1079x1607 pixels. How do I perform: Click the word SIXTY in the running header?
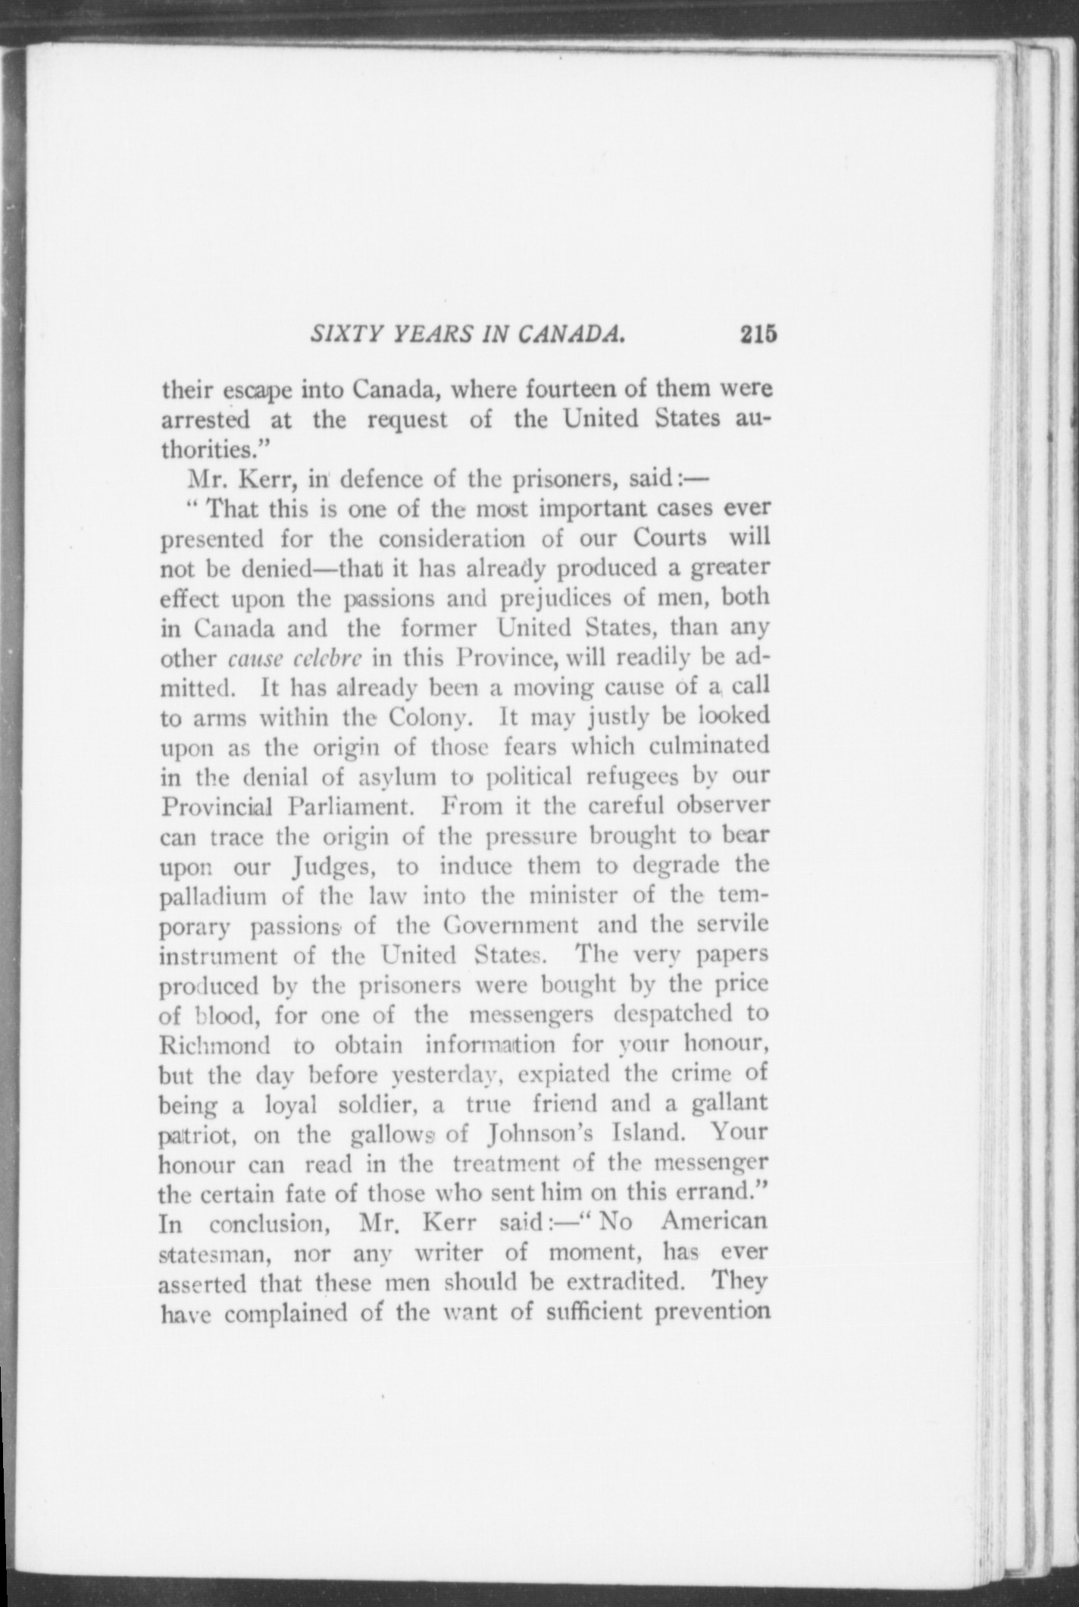pyautogui.click(x=336, y=334)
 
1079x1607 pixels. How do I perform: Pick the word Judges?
pyautogui.click(x=336, y=866)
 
